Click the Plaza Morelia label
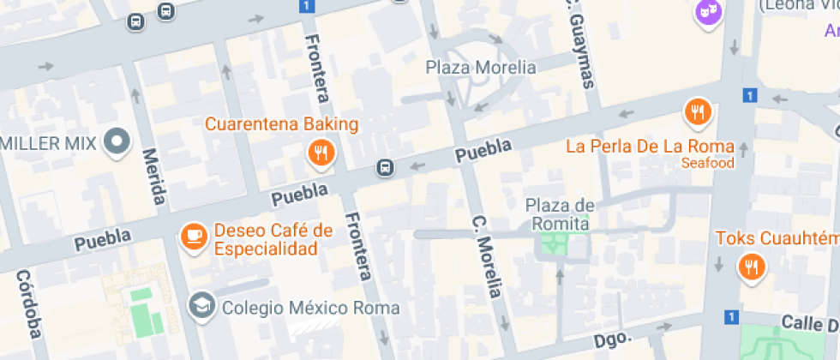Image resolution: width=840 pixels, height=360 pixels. click(481, 67)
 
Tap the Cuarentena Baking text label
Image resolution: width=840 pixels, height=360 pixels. click(281, 124)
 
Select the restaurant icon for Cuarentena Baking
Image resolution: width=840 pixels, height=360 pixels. click(321, 153)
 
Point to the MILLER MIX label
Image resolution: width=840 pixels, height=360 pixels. click(47, 142)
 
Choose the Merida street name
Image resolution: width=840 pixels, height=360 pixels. click(154, 177)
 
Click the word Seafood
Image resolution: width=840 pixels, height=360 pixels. click(708, 163)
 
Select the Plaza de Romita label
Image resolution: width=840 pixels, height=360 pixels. click(560, 214)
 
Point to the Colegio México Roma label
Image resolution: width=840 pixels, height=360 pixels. click(309, 307)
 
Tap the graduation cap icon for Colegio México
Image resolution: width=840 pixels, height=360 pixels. click(201, 305)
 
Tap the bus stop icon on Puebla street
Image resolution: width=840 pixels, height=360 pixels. click(387, 168)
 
